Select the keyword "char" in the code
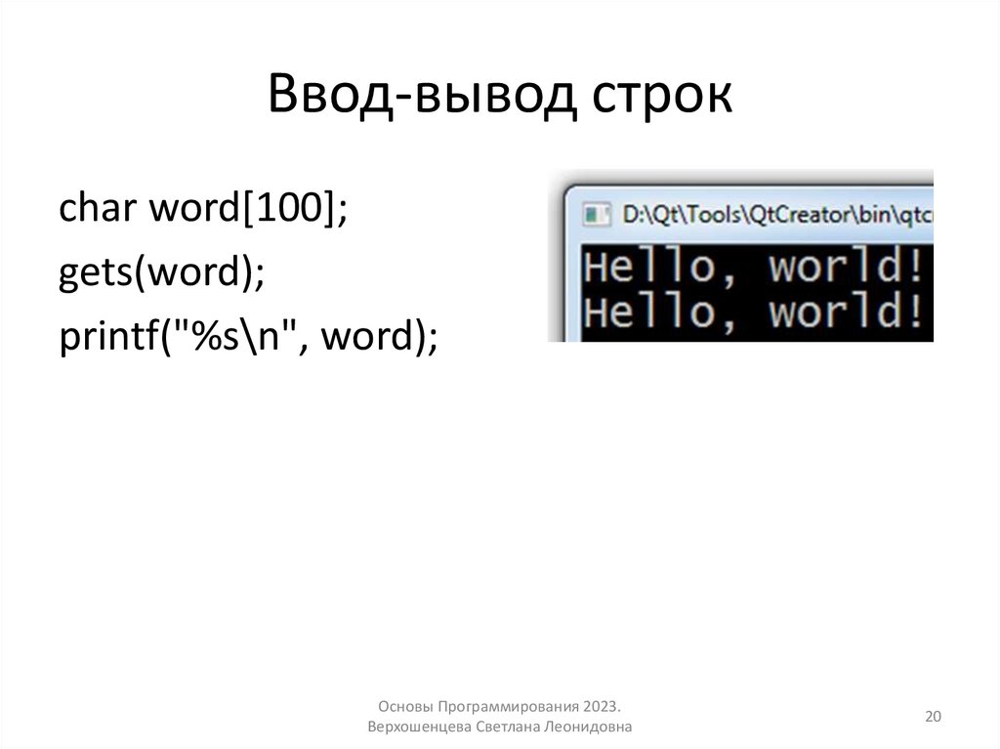[x=97, y=209]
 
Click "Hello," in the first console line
[x=650, y=267]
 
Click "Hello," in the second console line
[x=650, y=312]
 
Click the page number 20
[x=933, y=718]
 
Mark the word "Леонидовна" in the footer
[x=592, y=728]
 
